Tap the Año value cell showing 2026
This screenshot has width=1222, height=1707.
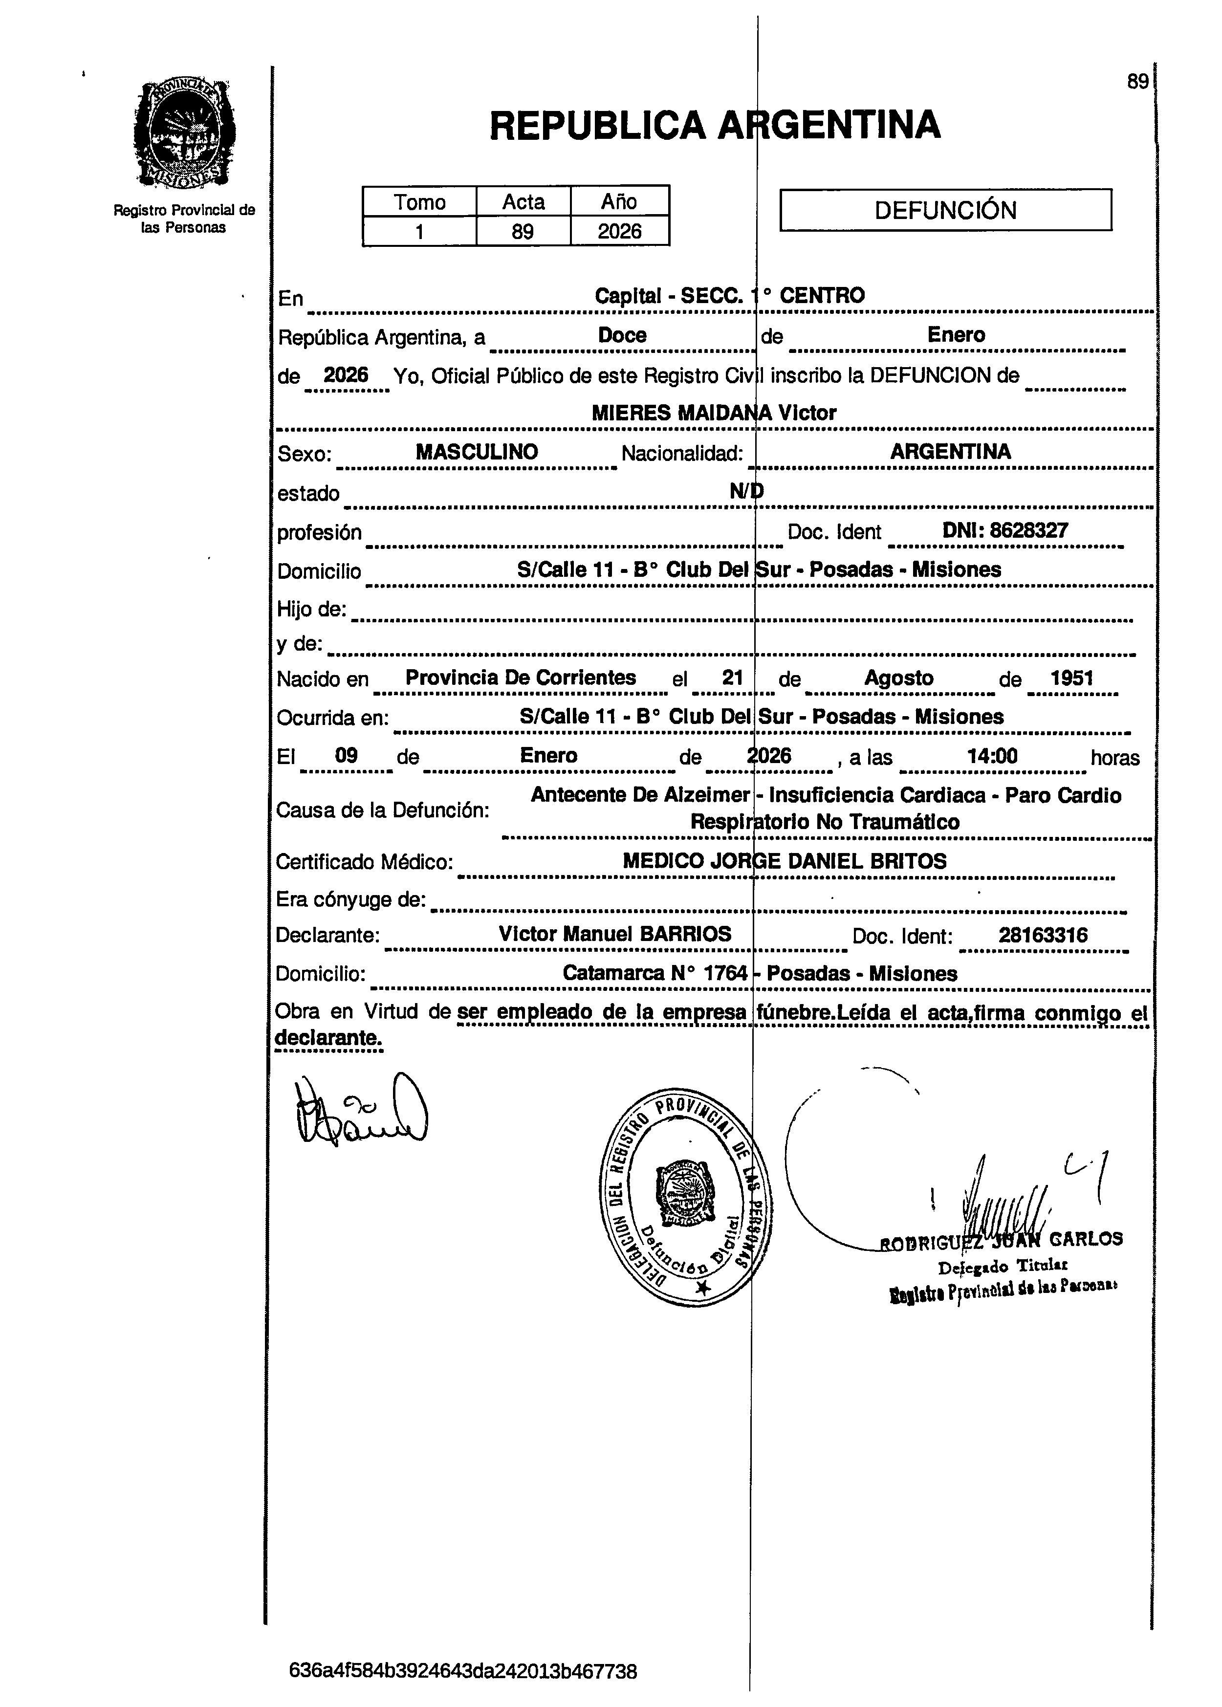click(x=619, y=231)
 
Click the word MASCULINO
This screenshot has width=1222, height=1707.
click(x=477, y=452)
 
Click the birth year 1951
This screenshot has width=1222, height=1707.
click(x=1071, y=678)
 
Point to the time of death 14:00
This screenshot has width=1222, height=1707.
click(x=992, y=755)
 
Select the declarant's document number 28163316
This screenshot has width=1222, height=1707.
click(x=1043, y=935)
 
